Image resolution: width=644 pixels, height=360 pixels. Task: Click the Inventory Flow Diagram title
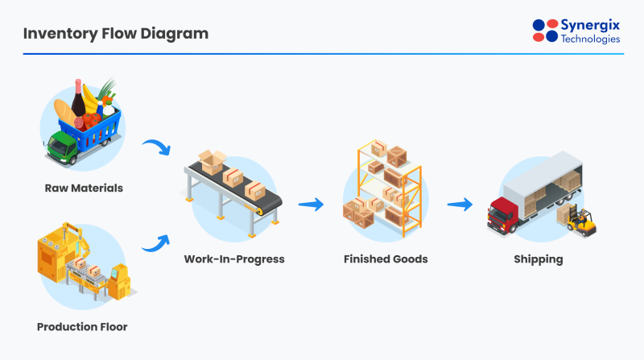pyautogui.click(x=115, y=34)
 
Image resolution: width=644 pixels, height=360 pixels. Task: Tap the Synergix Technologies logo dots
pyautogui.click(x=545, y=30)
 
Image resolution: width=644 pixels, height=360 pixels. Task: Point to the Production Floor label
pyautogui.click(x=81, y=327)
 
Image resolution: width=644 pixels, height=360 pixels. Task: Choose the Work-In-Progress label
pyautogui.click(x=234, y=259)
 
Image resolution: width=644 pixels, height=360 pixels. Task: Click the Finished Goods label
pyautogui.click(x=386, y=259)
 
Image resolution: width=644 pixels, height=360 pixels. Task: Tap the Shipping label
pyautogui.click(x=539, y=259)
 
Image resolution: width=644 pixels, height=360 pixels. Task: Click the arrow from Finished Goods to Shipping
pyautogui.click(x=460, y=205)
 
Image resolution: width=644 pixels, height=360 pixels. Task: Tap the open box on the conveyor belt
pyautogui.click(x=213, y=161)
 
